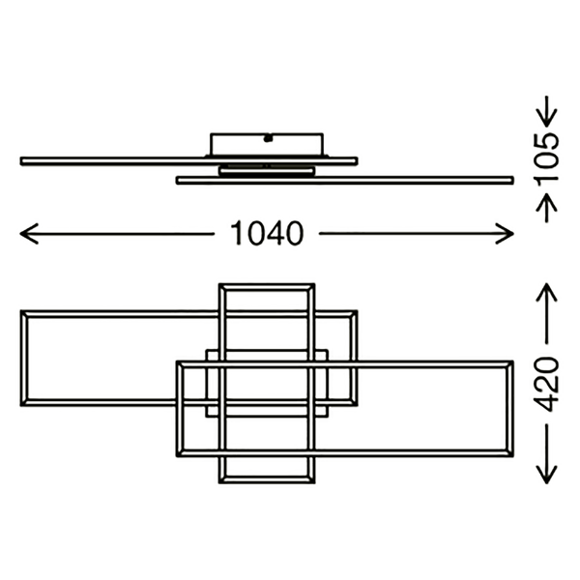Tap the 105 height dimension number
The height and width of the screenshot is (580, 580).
pyautogui.click(x=546, y=159)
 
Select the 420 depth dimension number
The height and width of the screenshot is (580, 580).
pyautogui.click(x=546, y=384)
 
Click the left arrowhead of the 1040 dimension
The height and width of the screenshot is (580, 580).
pyautogui.click(x=27, y=233)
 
